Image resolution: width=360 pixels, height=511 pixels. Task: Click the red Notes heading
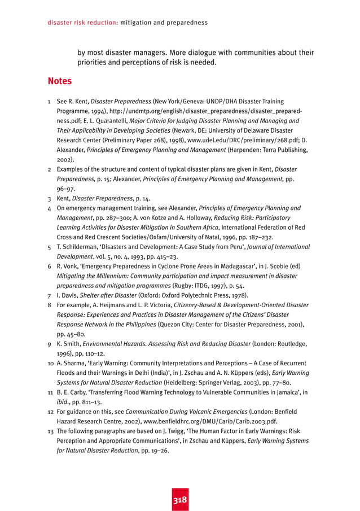59,81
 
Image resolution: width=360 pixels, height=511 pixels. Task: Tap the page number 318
180,500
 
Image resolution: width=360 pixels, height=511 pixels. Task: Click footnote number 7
50,295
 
